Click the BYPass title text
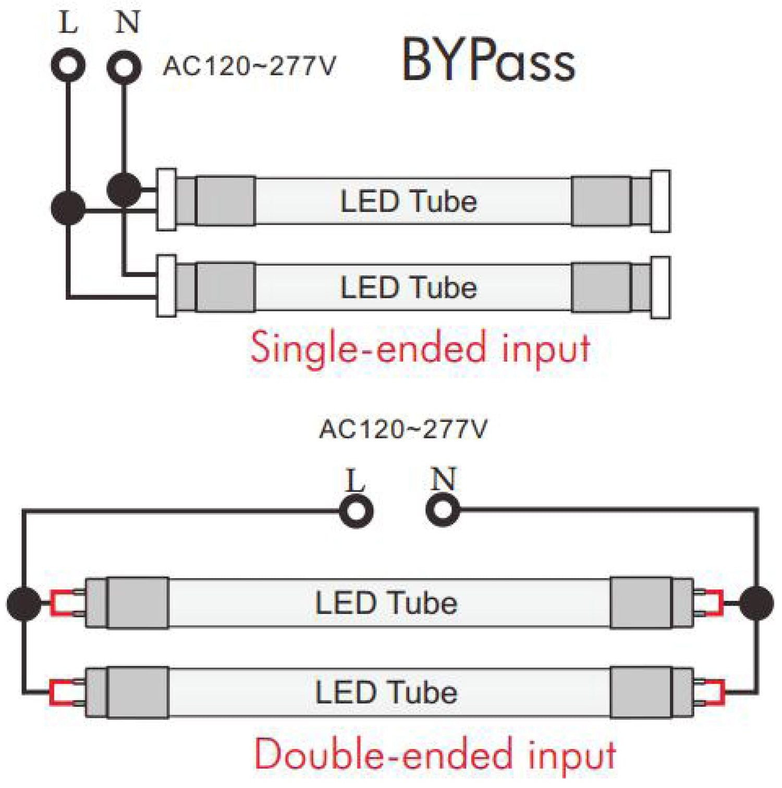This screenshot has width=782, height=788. [488, 61]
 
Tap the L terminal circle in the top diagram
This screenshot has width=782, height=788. [69, 66]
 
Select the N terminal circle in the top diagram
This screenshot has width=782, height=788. [124, 67]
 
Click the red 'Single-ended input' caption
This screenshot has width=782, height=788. [420, 347]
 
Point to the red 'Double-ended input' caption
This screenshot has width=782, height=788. [435, 754]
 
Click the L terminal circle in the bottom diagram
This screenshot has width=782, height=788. [356, 511]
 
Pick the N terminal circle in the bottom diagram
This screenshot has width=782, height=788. [443, 509]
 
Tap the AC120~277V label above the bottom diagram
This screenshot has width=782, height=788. [403, 430]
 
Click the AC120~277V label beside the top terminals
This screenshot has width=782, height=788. [249, 67]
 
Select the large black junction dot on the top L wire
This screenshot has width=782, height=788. [68, 208]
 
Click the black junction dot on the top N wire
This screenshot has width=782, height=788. [124, 190]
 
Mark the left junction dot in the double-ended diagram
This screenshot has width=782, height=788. [23, 604]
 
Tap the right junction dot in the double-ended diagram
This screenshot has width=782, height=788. [756, 603]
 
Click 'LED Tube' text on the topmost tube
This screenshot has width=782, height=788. [408, 202]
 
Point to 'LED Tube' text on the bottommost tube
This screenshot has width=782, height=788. [386, 692]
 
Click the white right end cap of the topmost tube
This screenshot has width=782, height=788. [661, 201]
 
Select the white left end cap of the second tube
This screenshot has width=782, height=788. [166, 286]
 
